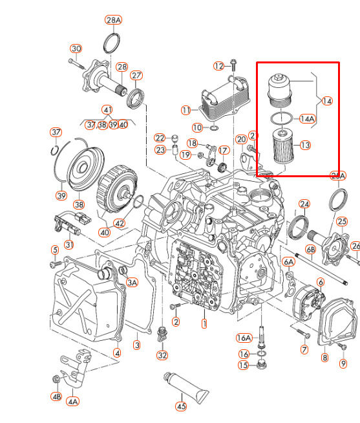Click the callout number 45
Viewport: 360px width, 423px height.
181,406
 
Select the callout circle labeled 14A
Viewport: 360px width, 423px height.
307,119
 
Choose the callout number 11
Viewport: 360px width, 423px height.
186,110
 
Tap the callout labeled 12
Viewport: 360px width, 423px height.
218,66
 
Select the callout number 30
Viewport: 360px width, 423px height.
76,49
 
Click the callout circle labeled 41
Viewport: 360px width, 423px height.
107,110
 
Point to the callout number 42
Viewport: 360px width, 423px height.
120,224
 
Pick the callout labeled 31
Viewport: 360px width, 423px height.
69,244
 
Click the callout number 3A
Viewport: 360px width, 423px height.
132,282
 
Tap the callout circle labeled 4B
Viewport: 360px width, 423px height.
57,396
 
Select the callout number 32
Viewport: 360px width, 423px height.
162,355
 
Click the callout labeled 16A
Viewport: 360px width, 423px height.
244,338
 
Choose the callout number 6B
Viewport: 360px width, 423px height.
311,249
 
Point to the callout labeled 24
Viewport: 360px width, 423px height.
304,204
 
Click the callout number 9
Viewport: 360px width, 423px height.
343,363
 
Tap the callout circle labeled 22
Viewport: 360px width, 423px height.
160,138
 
